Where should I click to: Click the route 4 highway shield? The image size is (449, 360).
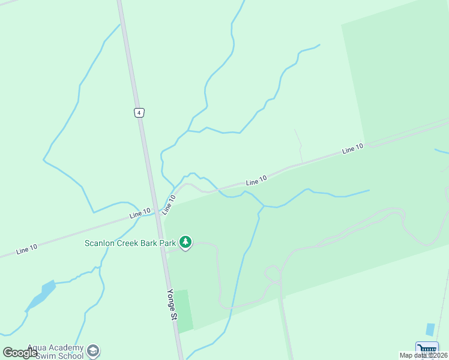point(139,112)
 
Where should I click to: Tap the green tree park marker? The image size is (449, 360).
point(186,242)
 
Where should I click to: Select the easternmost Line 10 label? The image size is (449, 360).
point(353,149)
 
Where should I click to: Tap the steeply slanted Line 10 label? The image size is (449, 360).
point(169,205)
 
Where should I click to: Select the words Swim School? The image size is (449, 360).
point(59,356)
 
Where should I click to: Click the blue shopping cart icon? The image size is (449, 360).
point(426,349)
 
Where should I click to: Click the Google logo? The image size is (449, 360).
point(20,353)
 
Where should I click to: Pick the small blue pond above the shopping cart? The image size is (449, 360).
point(430,329)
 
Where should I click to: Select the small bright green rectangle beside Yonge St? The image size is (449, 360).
point(183,310)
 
